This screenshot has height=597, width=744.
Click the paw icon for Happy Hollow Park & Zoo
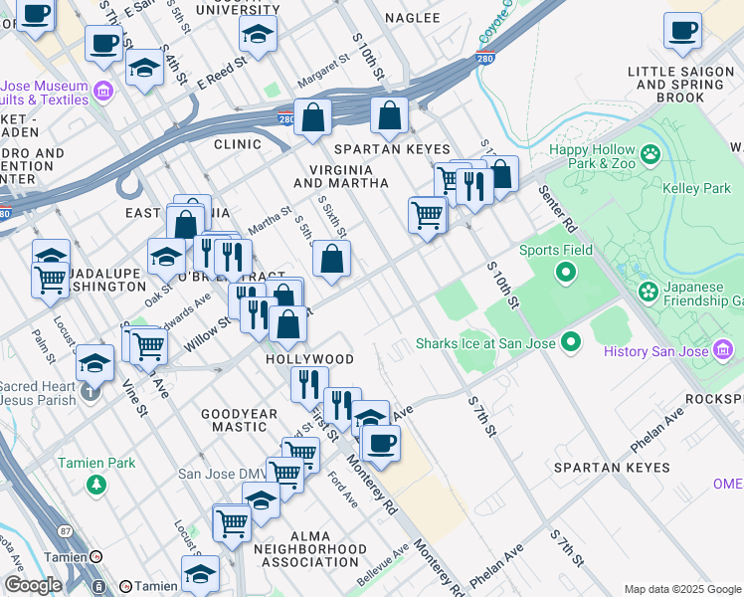coord(651,154)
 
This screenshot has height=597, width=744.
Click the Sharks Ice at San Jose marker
coord(570,343)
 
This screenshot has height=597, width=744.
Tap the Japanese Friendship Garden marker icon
coord(650,292)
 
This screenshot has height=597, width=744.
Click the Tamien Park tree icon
coord(96,485)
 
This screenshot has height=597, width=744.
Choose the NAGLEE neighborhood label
coord(412,18)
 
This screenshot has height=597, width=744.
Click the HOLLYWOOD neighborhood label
coord(309,358)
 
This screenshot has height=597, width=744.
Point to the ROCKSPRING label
coord(714,398)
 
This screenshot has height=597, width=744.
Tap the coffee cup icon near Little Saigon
coord(682,32)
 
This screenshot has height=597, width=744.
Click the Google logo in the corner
coord(33,585)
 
